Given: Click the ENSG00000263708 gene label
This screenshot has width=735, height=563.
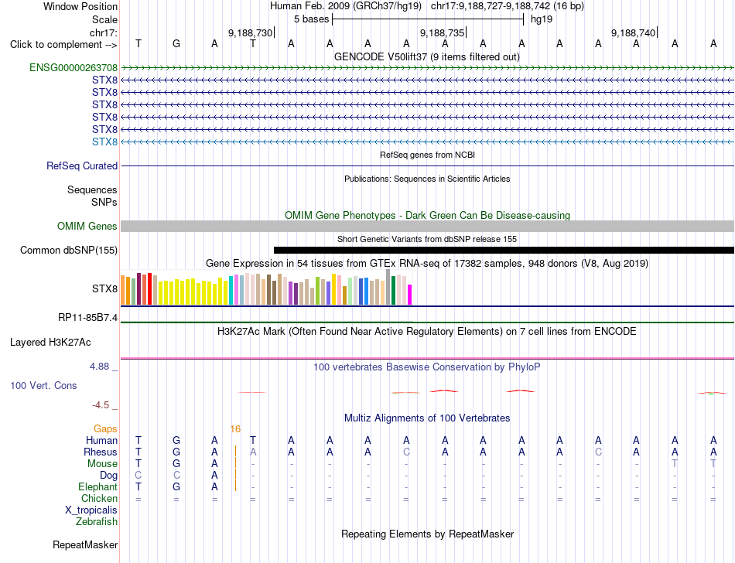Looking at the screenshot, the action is (73, 68).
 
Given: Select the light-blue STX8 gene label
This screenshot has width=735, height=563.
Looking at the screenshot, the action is (104, 142).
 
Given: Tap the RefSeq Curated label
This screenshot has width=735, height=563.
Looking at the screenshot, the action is (82, 165).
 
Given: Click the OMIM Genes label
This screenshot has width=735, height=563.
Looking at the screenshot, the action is (87, 227).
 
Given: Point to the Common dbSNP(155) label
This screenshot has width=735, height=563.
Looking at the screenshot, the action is (69, 250).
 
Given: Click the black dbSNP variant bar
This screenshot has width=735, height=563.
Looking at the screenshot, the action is (504, 250).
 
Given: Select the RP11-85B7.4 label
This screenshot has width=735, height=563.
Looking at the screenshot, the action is (87, 318).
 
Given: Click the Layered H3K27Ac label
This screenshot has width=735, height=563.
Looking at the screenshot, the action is (50, 343).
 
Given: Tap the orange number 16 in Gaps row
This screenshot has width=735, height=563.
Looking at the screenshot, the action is (235, 429).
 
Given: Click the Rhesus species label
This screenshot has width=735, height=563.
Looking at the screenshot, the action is (101, 452).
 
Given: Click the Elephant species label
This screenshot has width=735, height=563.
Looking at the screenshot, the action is (98, 487).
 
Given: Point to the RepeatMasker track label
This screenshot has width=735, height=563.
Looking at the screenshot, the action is (85, 544).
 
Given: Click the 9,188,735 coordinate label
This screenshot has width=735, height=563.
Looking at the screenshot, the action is (442, 32).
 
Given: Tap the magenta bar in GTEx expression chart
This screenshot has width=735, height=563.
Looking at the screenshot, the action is (410, 295).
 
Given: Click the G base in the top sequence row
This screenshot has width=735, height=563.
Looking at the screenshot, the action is (176, 43).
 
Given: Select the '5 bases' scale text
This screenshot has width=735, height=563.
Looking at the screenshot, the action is (312, 19).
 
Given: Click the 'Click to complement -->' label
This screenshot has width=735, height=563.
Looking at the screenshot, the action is (63, 45).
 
